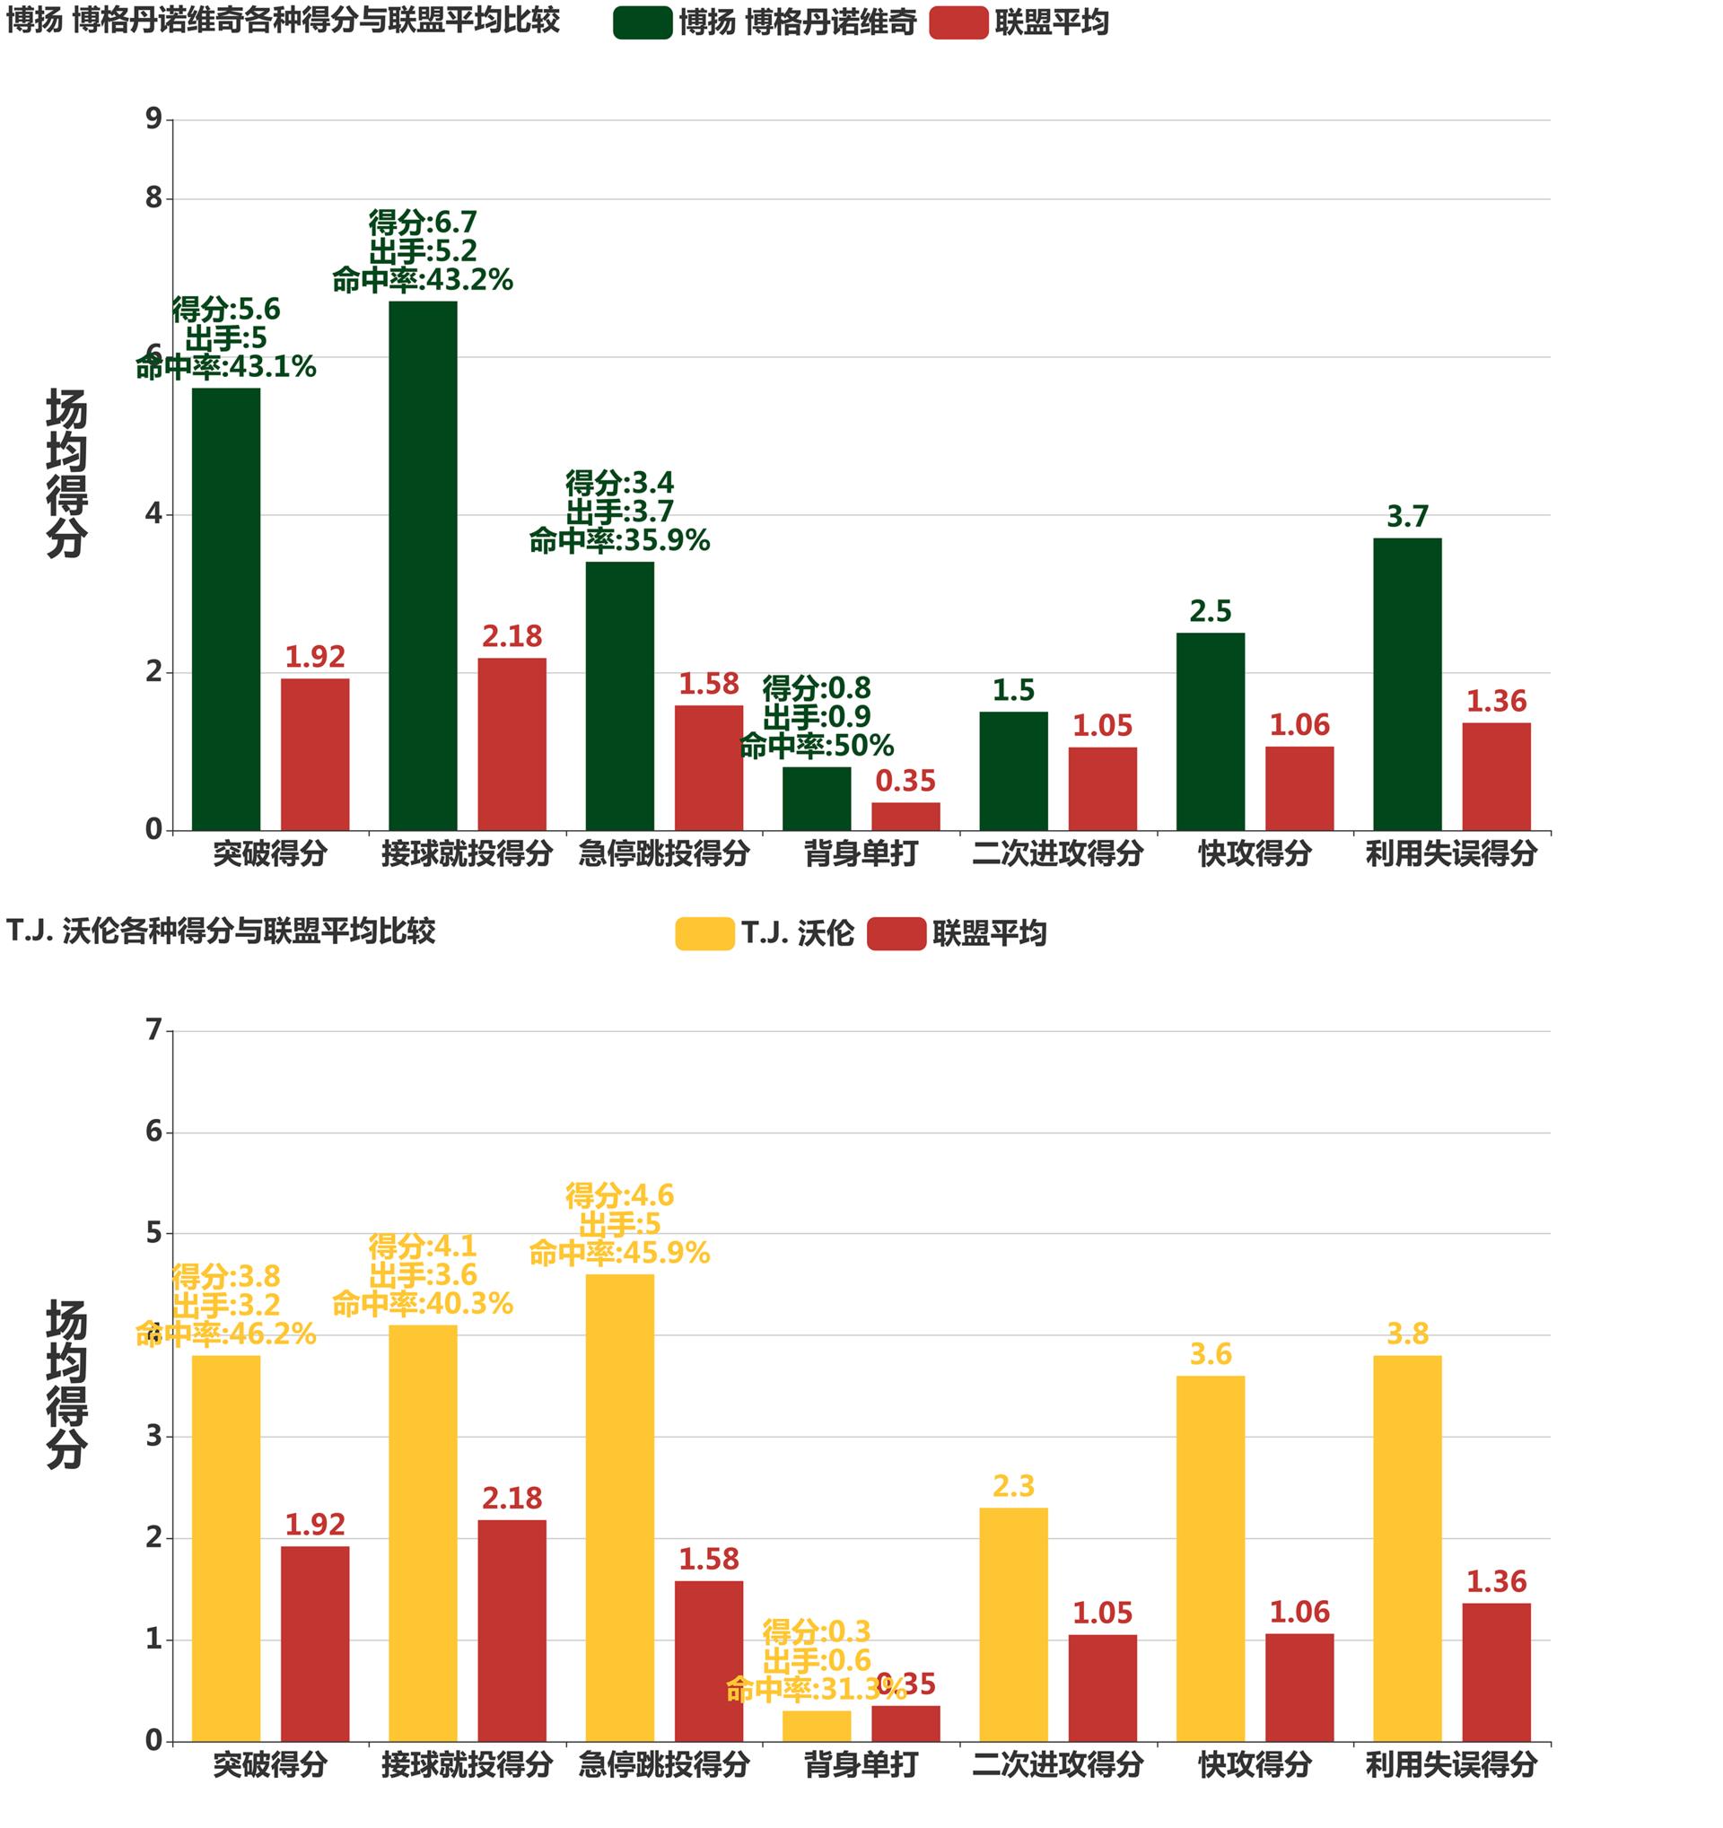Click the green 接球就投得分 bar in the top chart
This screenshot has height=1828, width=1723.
click(x=422, y=565)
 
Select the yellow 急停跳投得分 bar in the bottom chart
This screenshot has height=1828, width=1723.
click(x=620, y=1507)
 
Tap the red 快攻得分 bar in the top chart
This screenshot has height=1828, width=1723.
click(x=1299, y=788)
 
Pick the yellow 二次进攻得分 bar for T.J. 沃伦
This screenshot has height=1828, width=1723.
click(x=1013, y=1624)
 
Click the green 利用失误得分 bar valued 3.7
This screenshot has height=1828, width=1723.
click(x=1407, y=684)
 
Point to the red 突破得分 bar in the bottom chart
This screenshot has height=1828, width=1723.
click(x=314, y=1643)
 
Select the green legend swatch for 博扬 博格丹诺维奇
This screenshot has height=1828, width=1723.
click(x=643, y=23)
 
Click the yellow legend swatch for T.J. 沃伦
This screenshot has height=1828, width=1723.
click(x=704, y=933)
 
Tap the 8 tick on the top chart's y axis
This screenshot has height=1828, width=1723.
click(x=153, y=197)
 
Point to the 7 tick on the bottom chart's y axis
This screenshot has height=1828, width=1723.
click(x=153, y=1030)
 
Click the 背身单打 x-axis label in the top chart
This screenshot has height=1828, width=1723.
click(x=861, y=853)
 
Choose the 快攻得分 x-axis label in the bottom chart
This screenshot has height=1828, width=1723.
click(x=1254, y=1764)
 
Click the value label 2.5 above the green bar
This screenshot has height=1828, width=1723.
click(x=1210, y=611)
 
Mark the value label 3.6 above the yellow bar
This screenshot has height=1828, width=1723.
click(x=1210, y=1354)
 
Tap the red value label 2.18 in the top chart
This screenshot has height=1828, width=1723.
click(x=512, y=636)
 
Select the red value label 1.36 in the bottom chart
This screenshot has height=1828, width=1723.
click(x=1496, y=1581)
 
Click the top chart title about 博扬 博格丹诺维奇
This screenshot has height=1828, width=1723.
click(x=284, y=21)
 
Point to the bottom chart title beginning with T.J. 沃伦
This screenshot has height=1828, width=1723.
click(x=221, y=931)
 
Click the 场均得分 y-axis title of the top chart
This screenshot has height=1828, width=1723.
click(x=66, y=473)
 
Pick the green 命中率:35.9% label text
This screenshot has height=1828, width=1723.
click(x=620, y=540)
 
